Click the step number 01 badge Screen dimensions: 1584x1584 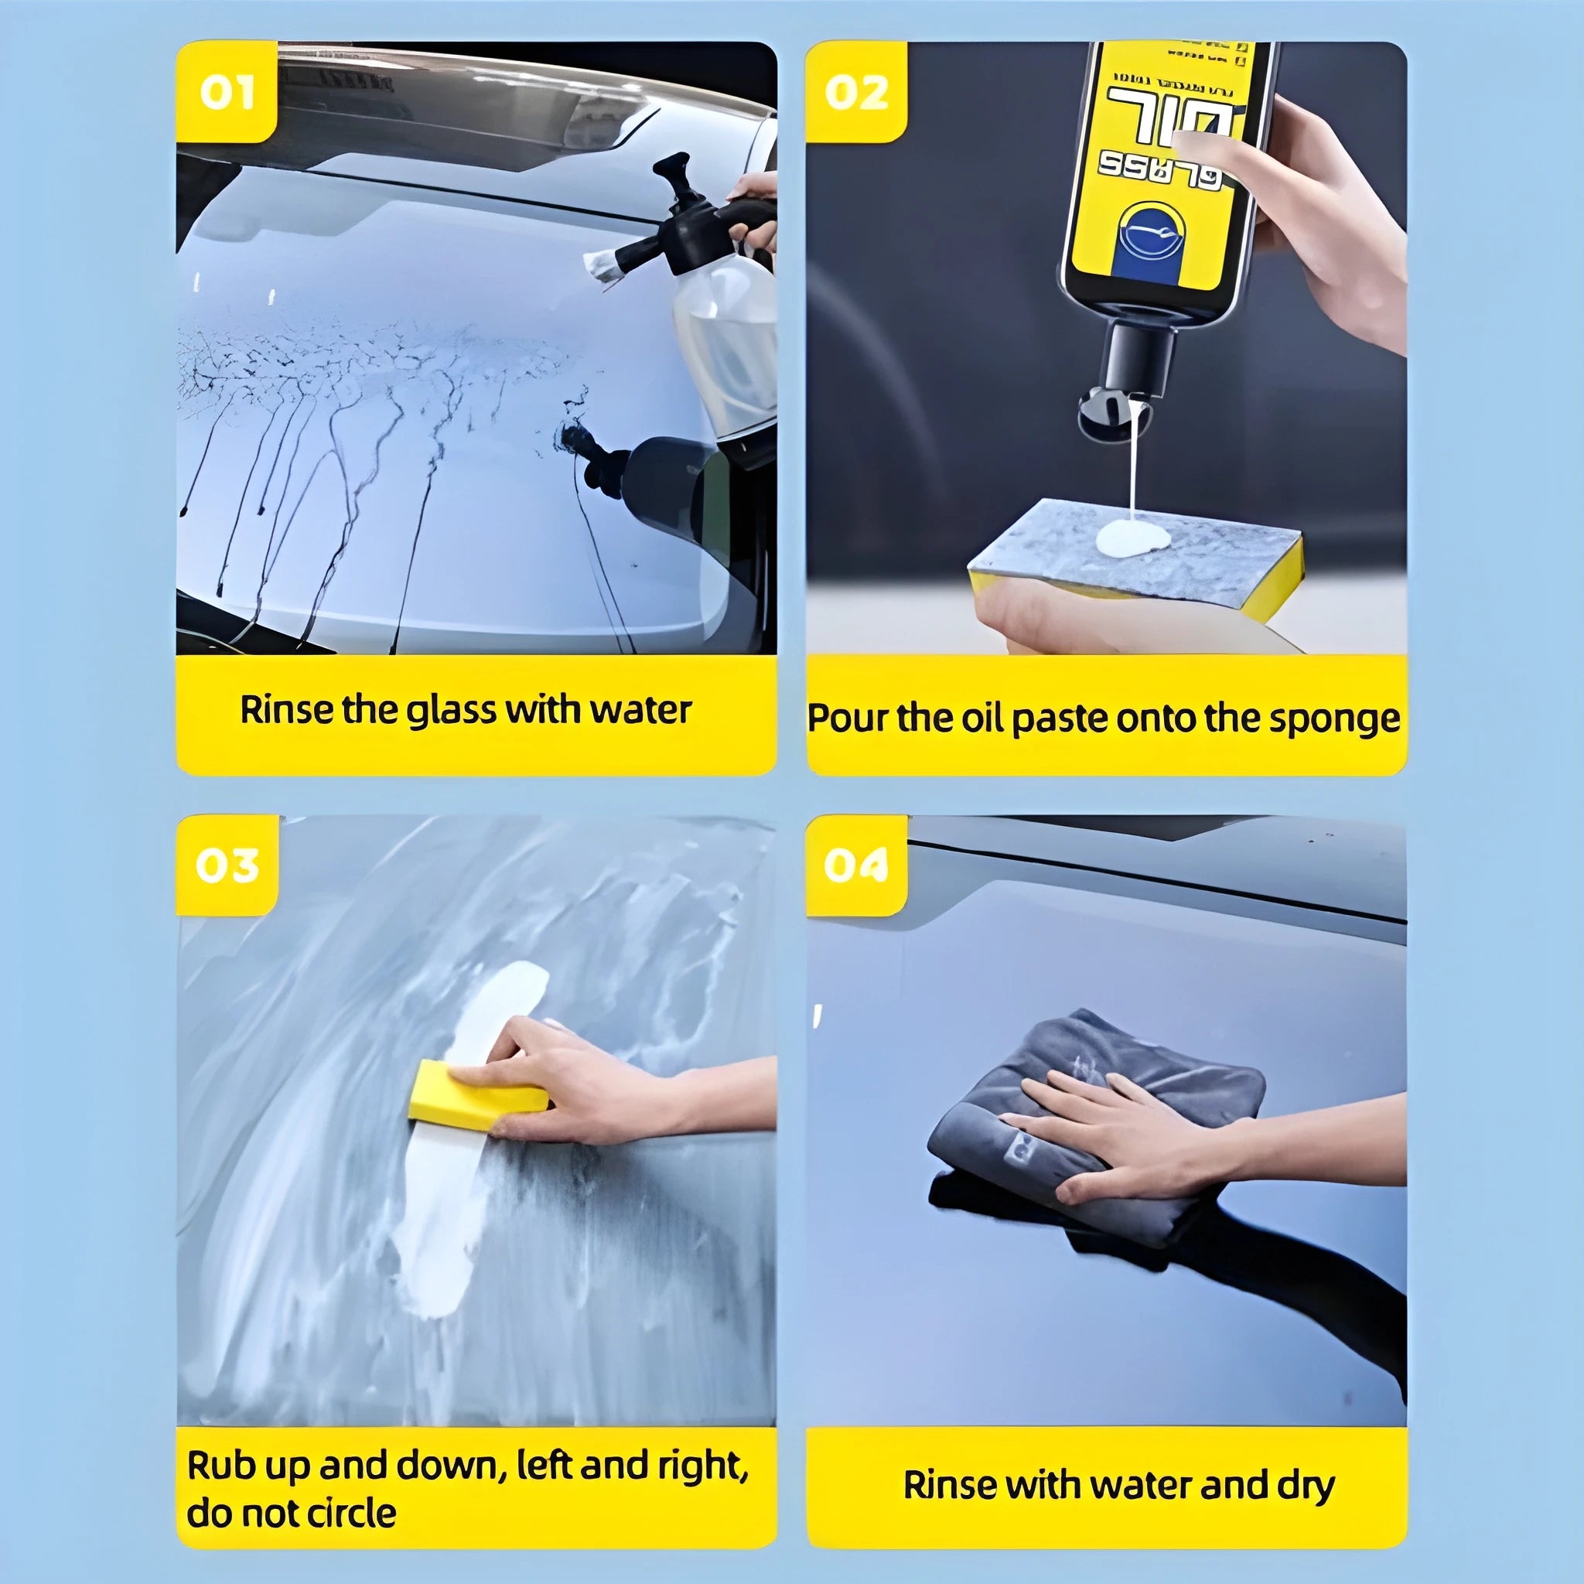(x=227, y=92)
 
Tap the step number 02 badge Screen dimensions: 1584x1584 (x=856, y=92)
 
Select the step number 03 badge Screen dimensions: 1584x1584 (x=227, y=865)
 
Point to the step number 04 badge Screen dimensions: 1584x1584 (x=856, y=865)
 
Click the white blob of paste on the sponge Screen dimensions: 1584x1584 (x=1133, y=538)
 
